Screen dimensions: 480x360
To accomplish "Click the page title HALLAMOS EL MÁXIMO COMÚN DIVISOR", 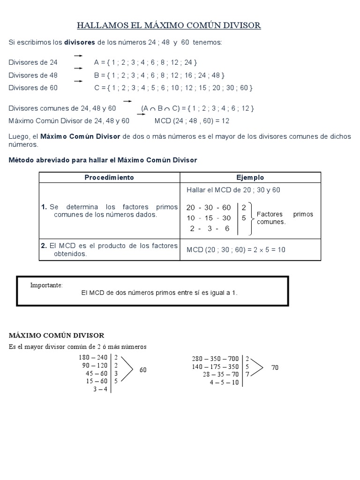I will coord(169,25).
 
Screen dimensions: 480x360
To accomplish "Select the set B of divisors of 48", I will coord(159,75).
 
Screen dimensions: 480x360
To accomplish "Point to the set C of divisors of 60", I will coord(173,88).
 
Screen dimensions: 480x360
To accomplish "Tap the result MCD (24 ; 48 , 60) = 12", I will coord(192,121).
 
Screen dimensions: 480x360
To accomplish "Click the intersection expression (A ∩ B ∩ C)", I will coord(160,109).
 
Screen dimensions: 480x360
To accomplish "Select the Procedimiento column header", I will coord(109,178).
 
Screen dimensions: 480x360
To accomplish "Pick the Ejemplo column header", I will coord(250,178).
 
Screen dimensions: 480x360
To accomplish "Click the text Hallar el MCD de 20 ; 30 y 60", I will coord(233,190).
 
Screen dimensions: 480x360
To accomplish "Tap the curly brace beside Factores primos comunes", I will coord(252,218).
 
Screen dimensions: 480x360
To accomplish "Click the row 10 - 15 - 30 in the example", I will coord(209,218).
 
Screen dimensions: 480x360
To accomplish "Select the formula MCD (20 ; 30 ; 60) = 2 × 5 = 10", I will coord(236,250).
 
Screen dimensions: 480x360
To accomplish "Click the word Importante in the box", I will coord(46,285).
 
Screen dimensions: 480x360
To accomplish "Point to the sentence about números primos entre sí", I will coord(159,292).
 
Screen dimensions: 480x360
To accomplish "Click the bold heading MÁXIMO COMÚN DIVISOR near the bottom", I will coord(57,336).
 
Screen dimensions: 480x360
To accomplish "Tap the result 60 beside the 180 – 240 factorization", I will coord(143,370).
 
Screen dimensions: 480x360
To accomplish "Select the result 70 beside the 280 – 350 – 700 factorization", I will coord(275,368).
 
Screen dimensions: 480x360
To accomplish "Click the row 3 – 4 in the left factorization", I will coord(100,389).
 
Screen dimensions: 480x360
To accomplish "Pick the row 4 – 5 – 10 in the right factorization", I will coord(225,382).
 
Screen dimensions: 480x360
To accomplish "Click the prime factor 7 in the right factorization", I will coord(247,374).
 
